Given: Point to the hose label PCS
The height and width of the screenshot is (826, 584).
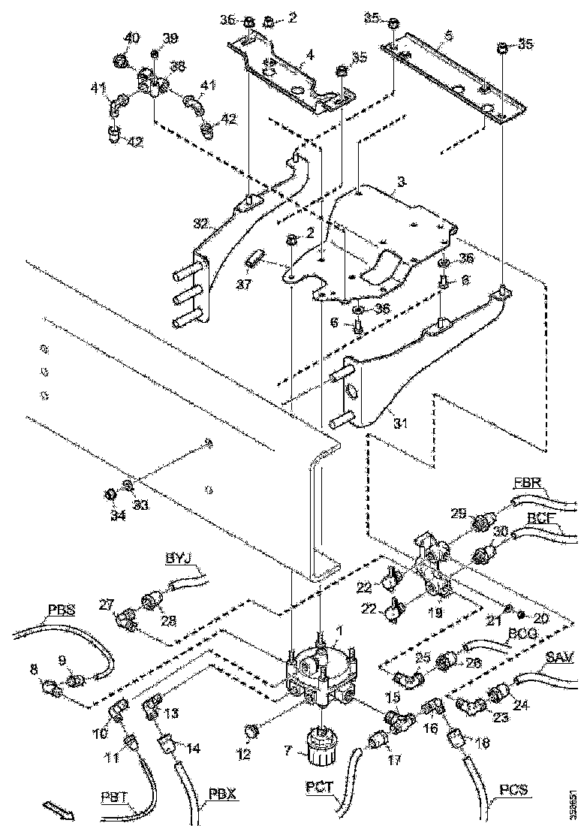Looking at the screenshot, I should (513, 791).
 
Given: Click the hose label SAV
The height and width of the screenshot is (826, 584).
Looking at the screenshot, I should (559, 659).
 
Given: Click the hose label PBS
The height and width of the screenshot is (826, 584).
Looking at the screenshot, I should (61, 610).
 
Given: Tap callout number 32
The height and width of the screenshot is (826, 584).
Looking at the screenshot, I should (200, 225).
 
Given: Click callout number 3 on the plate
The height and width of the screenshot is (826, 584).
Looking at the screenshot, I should (401, 182).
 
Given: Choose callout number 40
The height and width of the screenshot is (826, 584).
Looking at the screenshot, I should (131, 38).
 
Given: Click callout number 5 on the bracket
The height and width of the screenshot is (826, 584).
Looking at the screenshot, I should (447, 35).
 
